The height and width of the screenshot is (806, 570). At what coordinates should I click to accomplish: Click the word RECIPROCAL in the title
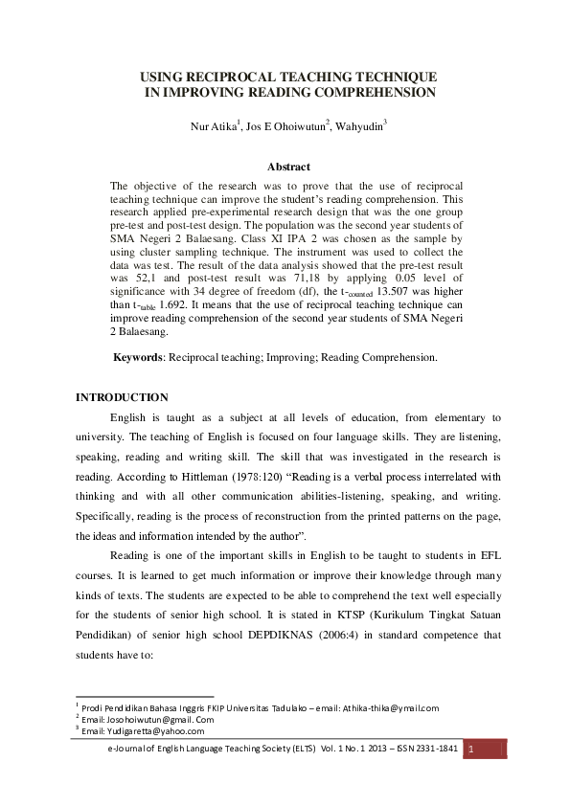click(x=228, y=76)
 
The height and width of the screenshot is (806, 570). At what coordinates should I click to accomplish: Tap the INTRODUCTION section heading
click(x=122, y=397)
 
